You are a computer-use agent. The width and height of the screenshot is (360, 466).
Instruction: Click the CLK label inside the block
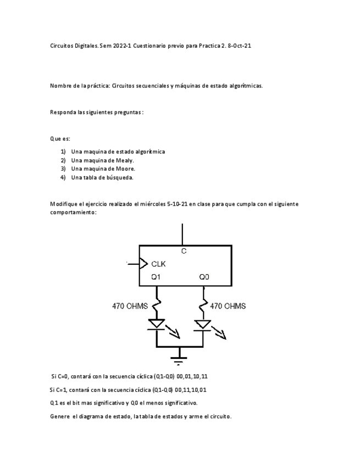(x=158, y=263)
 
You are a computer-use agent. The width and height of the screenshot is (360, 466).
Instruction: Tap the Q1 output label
(x=156, y=277)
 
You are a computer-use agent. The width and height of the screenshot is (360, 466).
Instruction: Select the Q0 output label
(x=204, y=277)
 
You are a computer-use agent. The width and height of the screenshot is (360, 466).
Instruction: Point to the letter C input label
(x=184, y=251)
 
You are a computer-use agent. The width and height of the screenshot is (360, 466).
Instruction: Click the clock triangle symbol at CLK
(x=144, y=263)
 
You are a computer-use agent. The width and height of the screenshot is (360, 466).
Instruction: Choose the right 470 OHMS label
(x=228, y=306)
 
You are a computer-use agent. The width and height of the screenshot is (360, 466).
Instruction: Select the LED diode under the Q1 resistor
(x=157, y=324)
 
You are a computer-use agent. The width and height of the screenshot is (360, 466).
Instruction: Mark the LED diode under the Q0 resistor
(x=203, y=324)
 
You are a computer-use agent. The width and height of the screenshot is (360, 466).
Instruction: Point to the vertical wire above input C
(x=182, y=234)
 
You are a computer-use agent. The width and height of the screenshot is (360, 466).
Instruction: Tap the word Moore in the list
(x=125, y=169)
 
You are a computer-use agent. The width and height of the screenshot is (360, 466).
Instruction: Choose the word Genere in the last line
(x=59, y=416)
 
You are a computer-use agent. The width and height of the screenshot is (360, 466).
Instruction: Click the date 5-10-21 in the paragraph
(x=181, y=204)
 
